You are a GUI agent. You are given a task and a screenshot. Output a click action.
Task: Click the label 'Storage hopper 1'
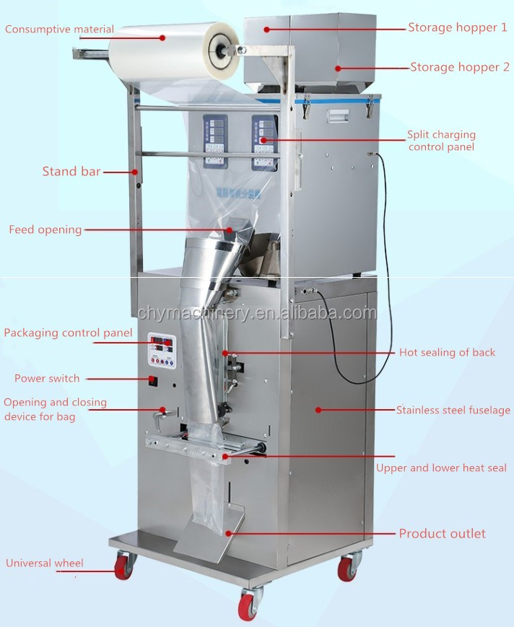pyautogui.click(x=457, y=27)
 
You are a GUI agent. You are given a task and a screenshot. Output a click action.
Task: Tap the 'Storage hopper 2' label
pyautogui.click(x=460, y=67)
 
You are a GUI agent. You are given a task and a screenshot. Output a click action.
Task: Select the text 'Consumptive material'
pyautogui.click(x=60, y=30)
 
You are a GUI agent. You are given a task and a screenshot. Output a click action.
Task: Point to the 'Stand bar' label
pyautogui.click(x=71, y=172)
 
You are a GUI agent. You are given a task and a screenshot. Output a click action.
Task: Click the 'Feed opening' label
pyautogui.click(x=45, y=230)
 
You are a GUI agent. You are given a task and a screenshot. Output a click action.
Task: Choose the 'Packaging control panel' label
pyautogui.click(x=68, y=333)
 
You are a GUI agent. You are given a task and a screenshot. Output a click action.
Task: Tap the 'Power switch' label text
pyautogui.click(x=47, y=378)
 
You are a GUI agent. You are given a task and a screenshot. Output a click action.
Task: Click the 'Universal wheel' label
pyautogui.click(x=45, y=564)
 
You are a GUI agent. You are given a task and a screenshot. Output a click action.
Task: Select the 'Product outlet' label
pyautogui.click(x=442, y=534)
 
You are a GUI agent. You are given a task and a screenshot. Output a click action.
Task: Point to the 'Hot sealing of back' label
pyautogui.click(x=447, y=353)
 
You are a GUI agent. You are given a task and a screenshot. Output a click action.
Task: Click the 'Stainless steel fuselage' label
pyautogui.click(x=453, y=411)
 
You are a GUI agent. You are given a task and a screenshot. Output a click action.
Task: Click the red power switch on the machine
pyautogui.click(x=152, y=380)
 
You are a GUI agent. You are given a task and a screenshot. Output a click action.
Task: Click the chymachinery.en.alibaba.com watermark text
pyautogui.click(x=257, y=313)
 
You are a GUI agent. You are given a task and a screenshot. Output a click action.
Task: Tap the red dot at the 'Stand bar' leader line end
pyautogui.click(x=135, y=172)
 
